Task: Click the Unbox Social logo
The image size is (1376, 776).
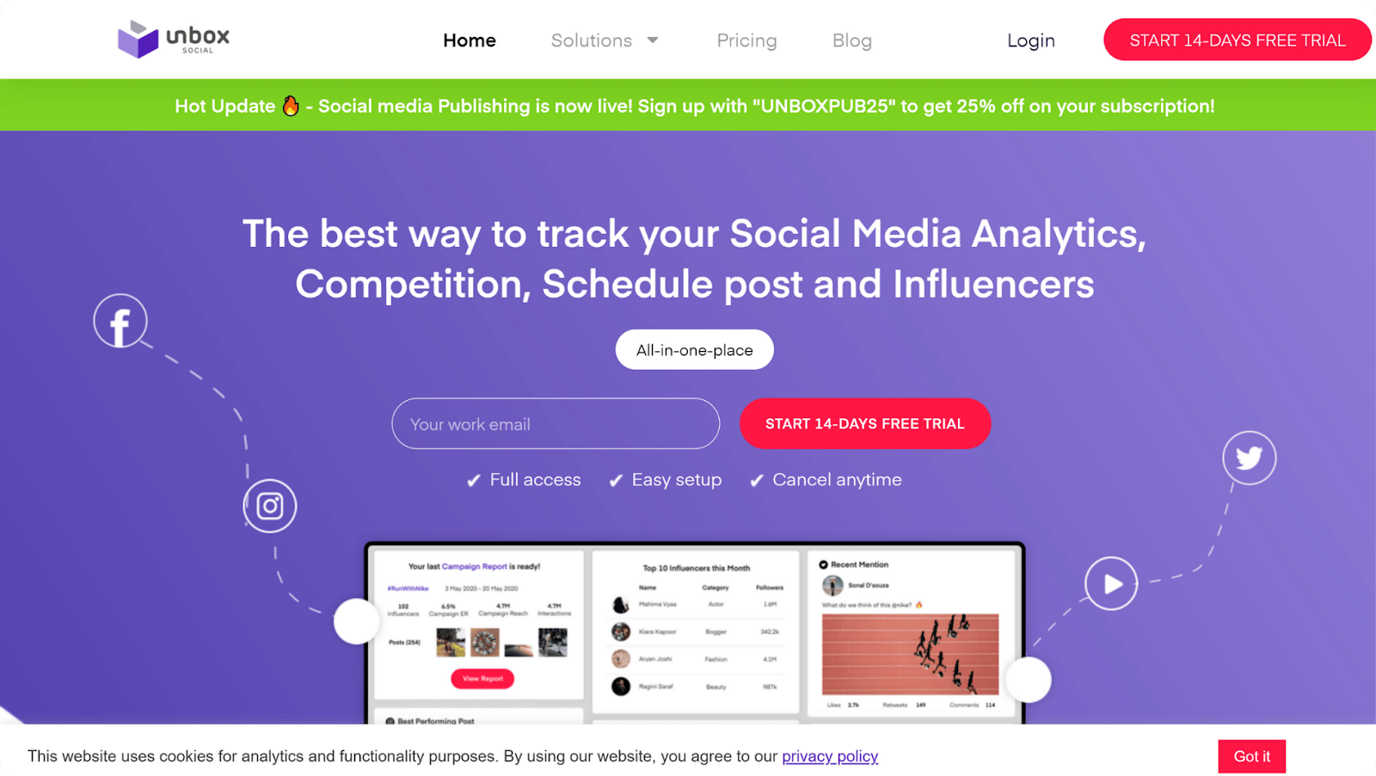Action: click(x=174, y=40)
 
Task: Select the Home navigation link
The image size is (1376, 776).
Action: click(x=470, y=40)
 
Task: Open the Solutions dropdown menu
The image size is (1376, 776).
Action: click(x=604, y=40)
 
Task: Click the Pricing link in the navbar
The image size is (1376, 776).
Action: click(x=746, y=40)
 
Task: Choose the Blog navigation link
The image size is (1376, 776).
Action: click(x=851, y=40)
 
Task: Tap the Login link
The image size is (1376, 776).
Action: click(x=1030, y=40)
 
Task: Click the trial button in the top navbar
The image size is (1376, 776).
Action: click(x=1237, y=40)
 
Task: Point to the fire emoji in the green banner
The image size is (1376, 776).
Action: click(x=291, y=106)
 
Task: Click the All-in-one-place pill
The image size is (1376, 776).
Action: click(x=694, y=350)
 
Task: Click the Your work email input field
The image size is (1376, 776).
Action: click(x=556, y=424)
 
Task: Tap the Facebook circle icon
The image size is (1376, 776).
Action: click(x=120, y=322)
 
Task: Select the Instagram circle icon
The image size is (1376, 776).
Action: click(x=270, y=506)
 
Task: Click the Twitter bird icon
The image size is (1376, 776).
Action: click(x=1249, y=458)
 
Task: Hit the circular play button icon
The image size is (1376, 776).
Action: click(x=1111, y=584)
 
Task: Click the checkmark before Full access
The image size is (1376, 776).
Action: click(x=473, y=481)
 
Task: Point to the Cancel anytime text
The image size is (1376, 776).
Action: click(x=837, y=480)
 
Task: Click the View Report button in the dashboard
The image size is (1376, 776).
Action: click(x=482, y=679)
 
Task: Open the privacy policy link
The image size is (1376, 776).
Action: click(x=830, y=756)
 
